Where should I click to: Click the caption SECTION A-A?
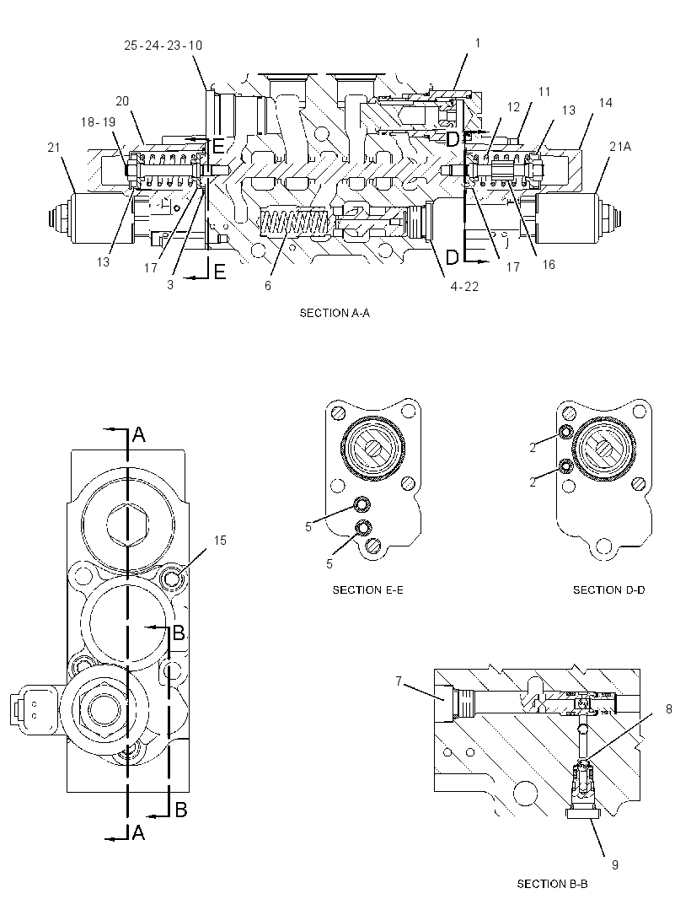335,313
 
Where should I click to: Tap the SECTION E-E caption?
368,589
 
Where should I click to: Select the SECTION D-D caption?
608,589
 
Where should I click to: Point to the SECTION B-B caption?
552,884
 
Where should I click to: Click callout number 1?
477,42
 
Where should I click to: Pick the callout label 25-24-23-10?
163,46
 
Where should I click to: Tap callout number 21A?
620,147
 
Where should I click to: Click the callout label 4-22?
464,287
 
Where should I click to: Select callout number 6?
268,286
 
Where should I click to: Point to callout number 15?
220,540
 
